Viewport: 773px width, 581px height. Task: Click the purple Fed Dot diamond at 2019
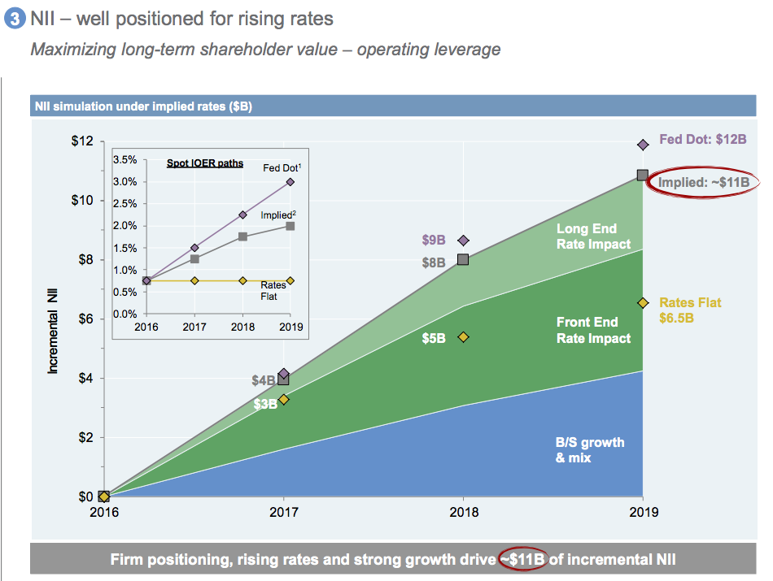642,145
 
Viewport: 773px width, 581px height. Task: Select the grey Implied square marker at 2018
463,259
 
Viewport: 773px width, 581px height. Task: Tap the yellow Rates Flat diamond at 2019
642,303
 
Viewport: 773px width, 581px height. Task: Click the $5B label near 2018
433,338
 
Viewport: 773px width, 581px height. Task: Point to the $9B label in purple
433,241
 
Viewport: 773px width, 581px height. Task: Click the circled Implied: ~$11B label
703,182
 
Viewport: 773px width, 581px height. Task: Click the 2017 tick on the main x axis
283,513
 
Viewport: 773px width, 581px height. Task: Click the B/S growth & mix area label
590,449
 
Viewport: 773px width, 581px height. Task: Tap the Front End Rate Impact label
593,331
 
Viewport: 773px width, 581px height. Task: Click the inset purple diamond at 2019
290,182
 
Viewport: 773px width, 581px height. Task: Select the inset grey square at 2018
242,237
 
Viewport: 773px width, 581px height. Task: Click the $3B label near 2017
265,404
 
